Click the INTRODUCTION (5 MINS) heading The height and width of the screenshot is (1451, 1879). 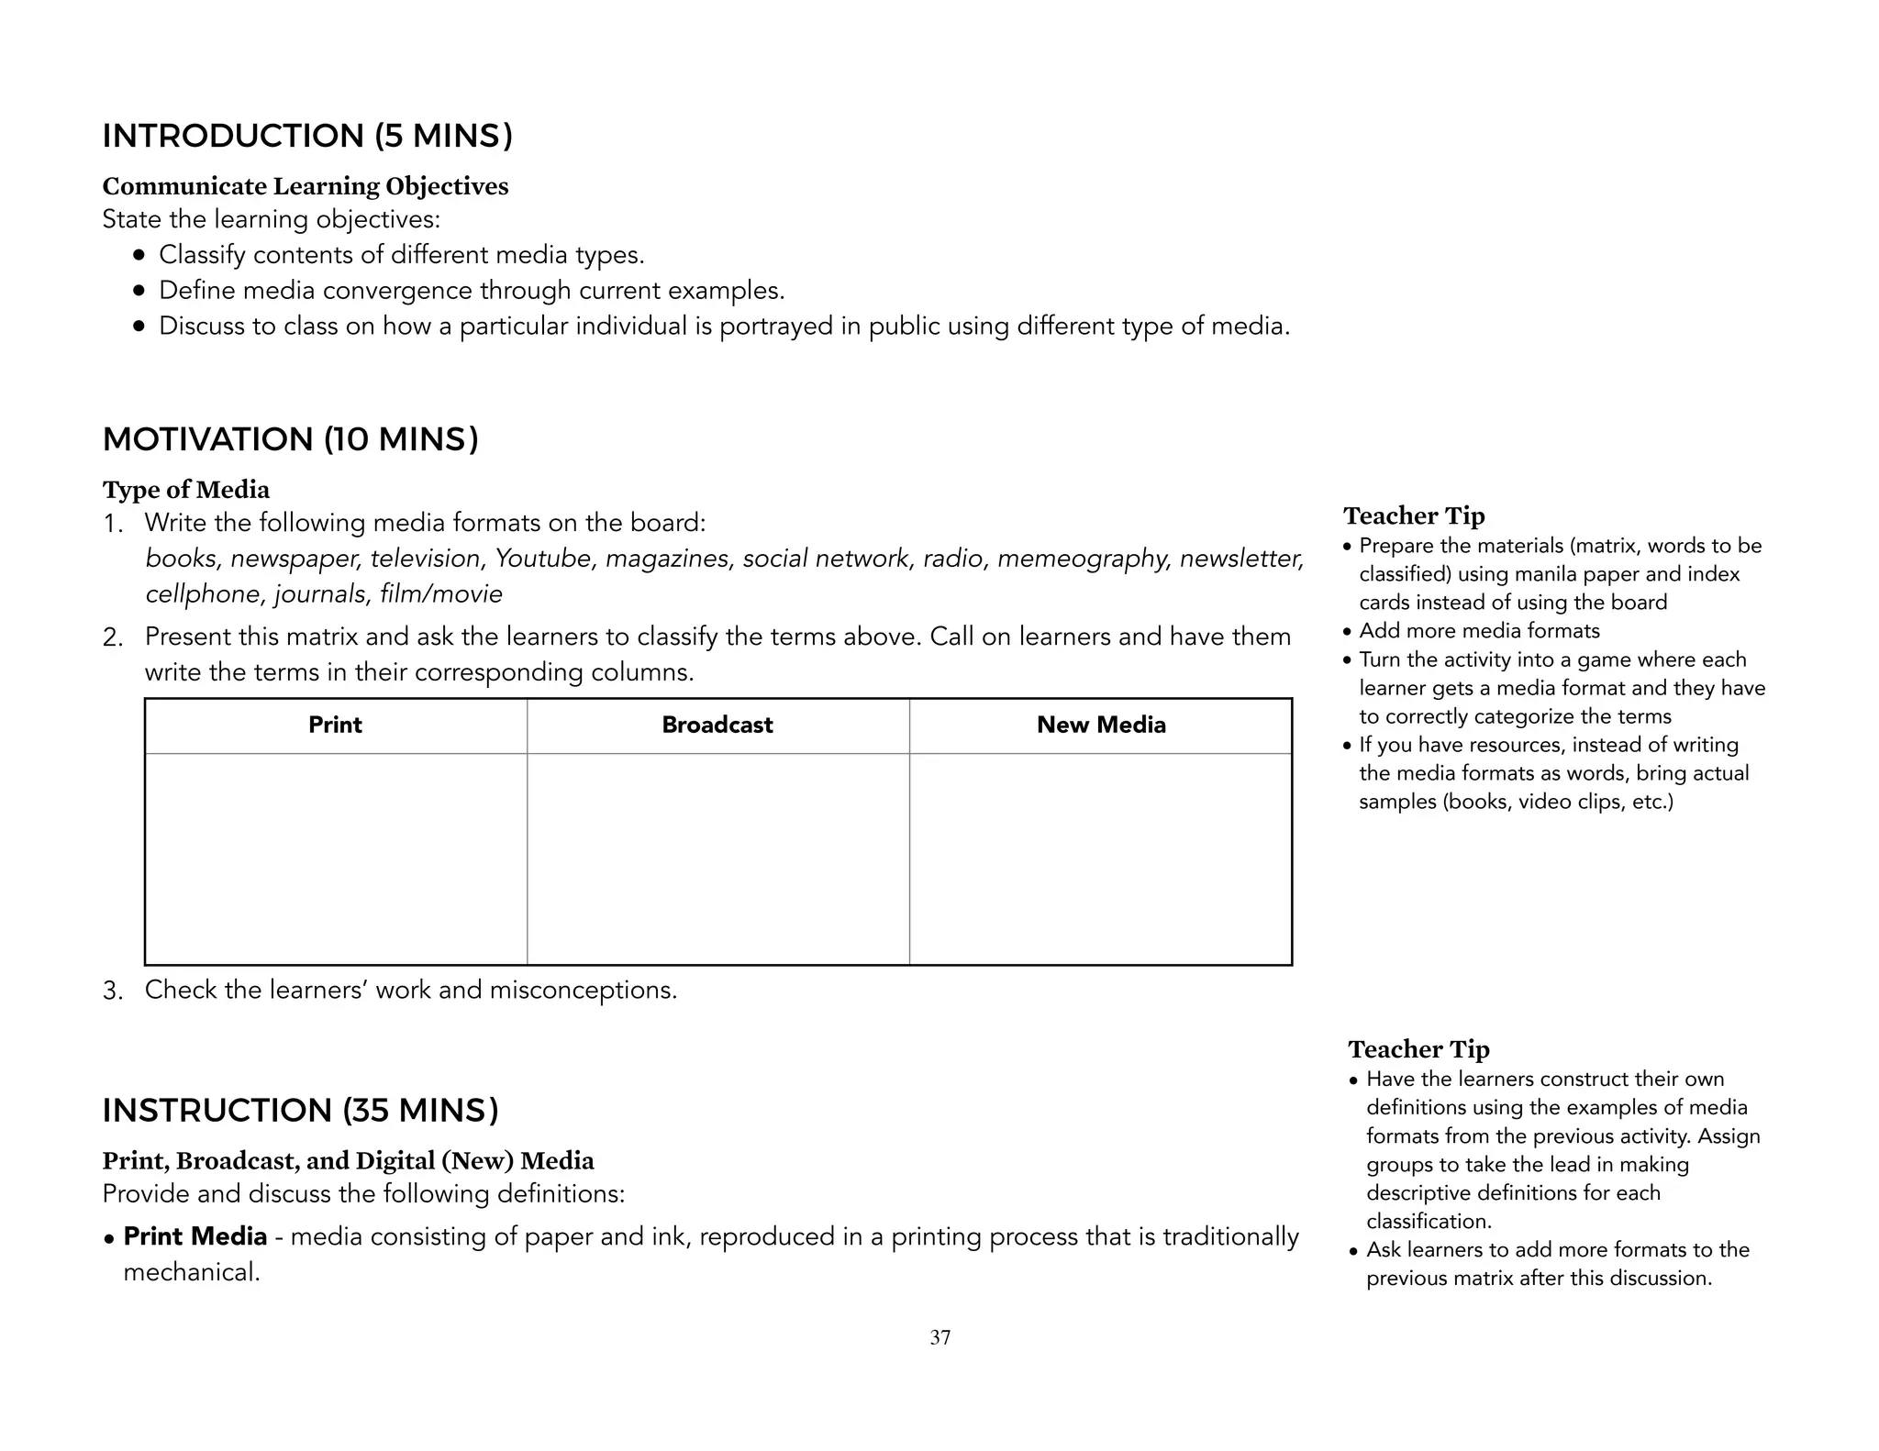(x=307, y=136)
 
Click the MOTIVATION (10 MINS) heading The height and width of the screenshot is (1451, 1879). (x=290, y=439)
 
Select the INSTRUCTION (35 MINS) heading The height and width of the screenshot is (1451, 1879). (x=300, y=1111)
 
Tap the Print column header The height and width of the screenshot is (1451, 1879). (x=335, y=725)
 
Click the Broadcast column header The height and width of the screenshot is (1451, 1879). (x=717, y=725)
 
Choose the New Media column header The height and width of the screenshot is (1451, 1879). (x=1101, y=725)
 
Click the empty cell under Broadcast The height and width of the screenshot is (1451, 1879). (x=717, y=858)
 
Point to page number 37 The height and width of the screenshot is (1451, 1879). (x=940, y=1338)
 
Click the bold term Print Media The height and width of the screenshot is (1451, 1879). (x=195, y=1237)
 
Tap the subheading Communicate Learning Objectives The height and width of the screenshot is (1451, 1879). (x=305, y=186)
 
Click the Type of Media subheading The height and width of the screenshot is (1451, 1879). (x=186, y=490)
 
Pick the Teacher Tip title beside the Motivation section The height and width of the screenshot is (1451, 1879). (x=1414, y=516)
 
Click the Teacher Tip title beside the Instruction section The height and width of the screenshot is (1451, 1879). (x=1418, y=1049)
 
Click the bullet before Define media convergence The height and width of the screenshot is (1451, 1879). (x=139, y=292)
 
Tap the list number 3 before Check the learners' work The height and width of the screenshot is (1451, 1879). (x=112, y=991)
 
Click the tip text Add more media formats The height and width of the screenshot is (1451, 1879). (x=1479, y=631)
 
